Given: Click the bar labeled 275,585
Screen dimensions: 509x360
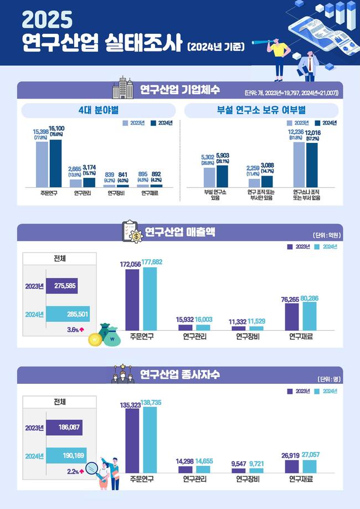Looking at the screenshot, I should pos(62,286).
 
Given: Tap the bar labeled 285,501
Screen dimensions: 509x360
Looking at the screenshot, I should pos(68,314).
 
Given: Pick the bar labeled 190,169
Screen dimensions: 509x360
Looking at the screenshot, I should pos(66,455).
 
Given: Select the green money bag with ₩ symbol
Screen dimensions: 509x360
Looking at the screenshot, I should pos(111,337).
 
